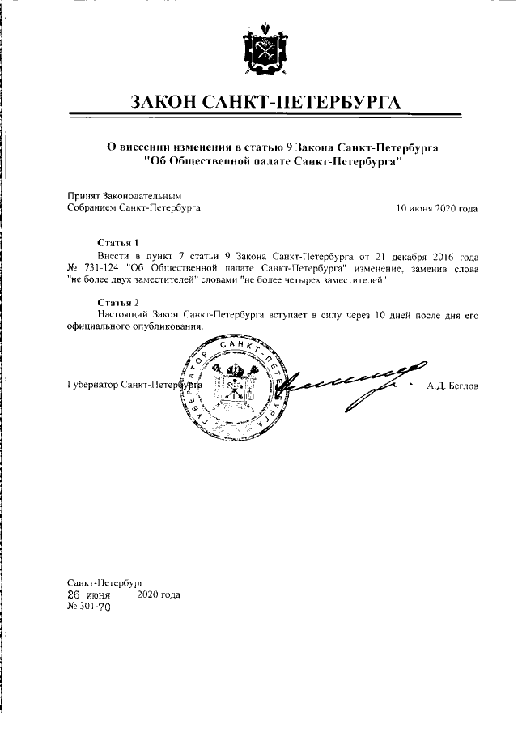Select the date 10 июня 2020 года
click(x=436, y=208)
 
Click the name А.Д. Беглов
click(x=452, y=386)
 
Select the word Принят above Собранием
click(x=81, y=196)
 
